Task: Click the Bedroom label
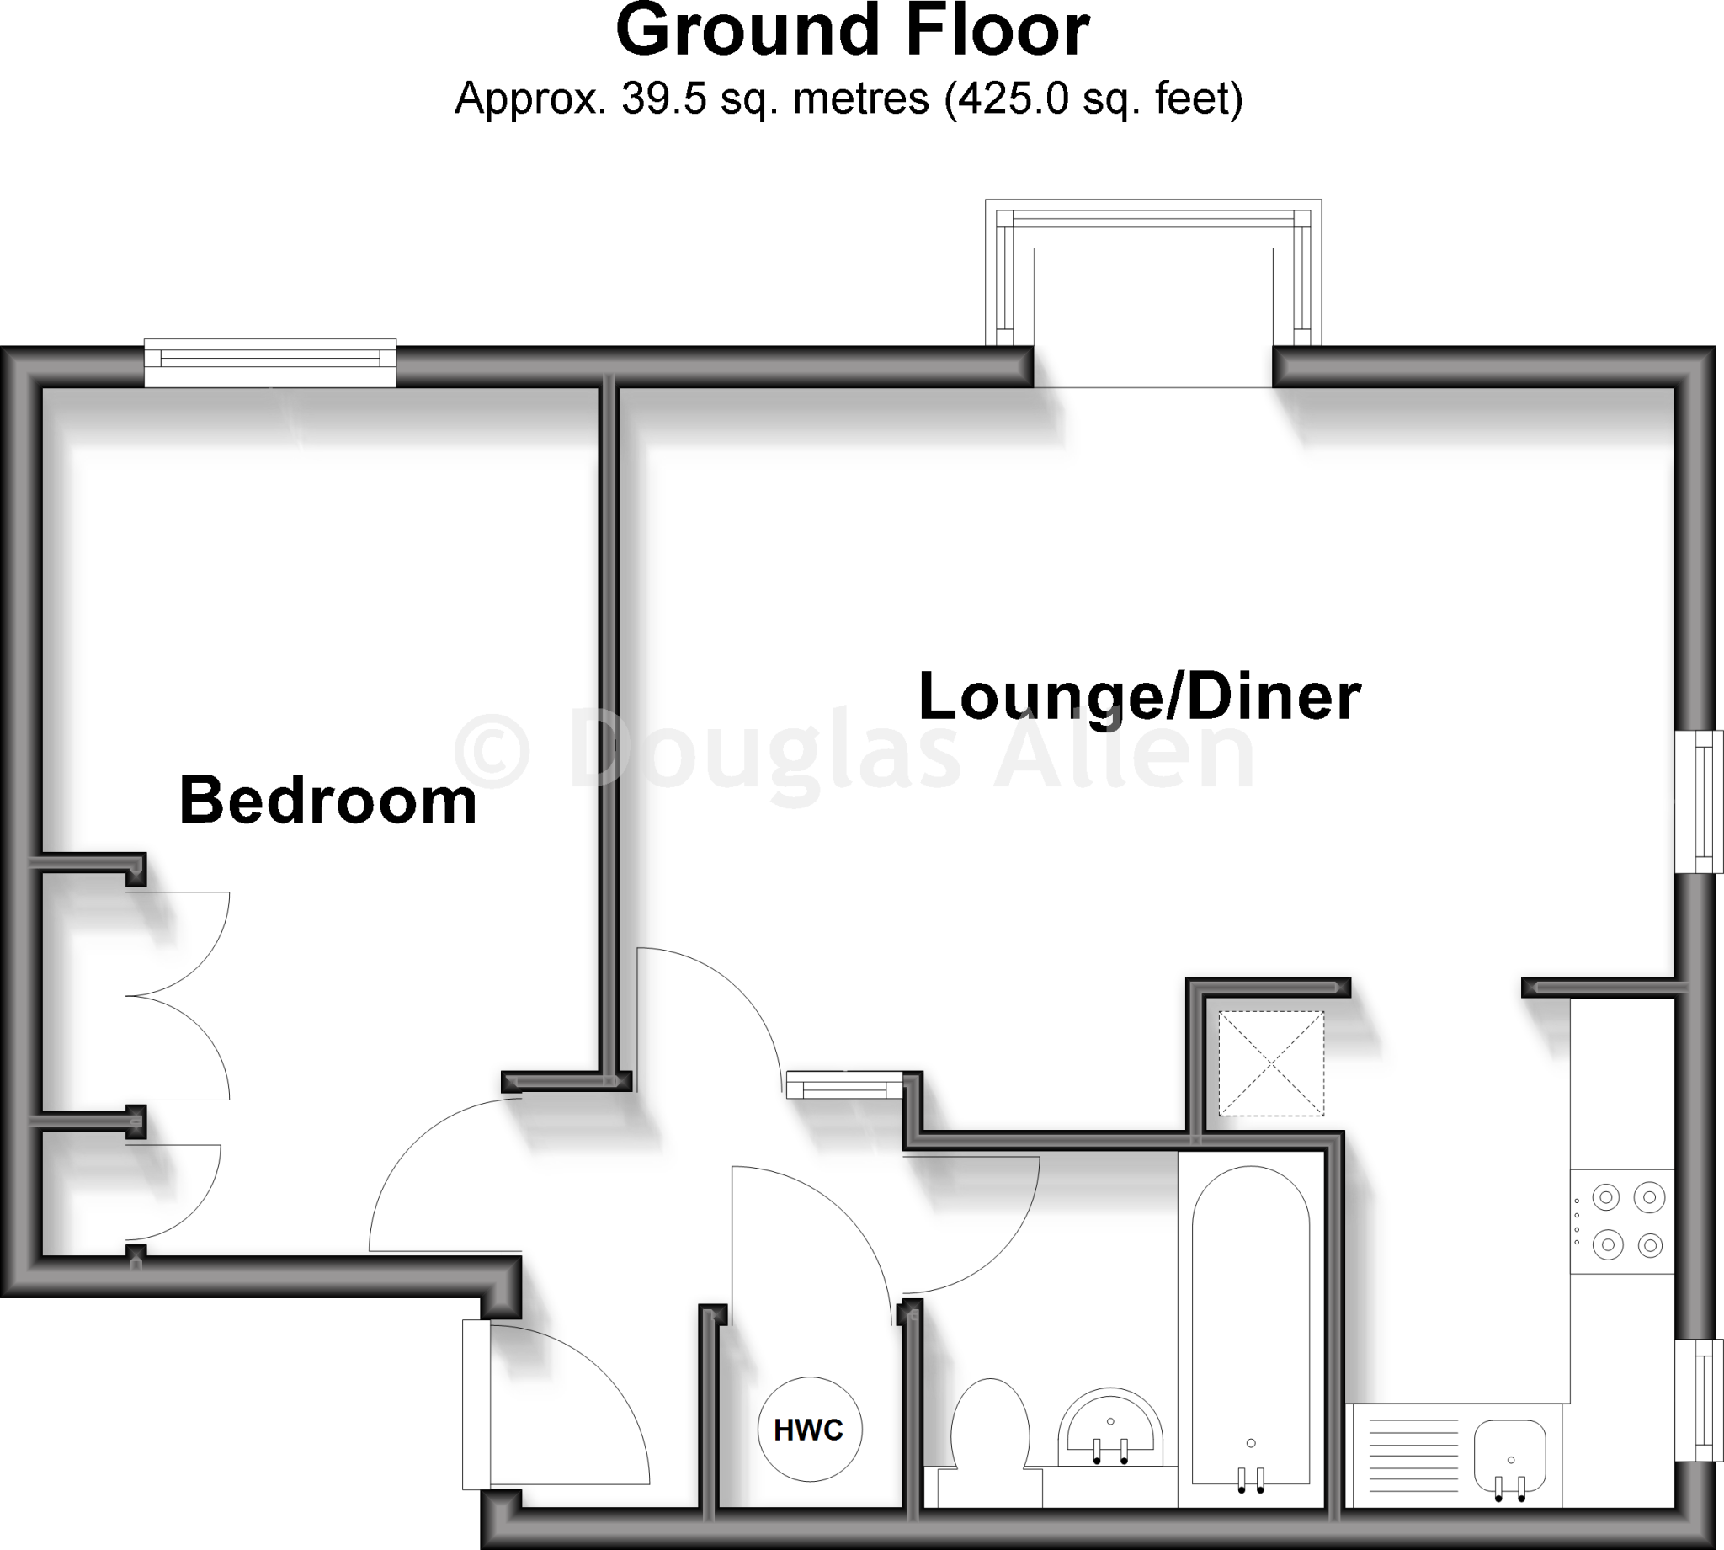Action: click(x=327, y=801)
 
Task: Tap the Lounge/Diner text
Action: click(x=1139, y=696)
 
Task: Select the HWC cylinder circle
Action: click(x=810, y=1429)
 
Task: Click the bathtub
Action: click(x=1251, y=1329)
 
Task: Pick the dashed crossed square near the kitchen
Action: click(x=1271, y=1063)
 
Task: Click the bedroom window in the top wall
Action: click(x=270, y=363)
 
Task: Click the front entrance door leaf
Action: click(x=476, y=1404)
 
